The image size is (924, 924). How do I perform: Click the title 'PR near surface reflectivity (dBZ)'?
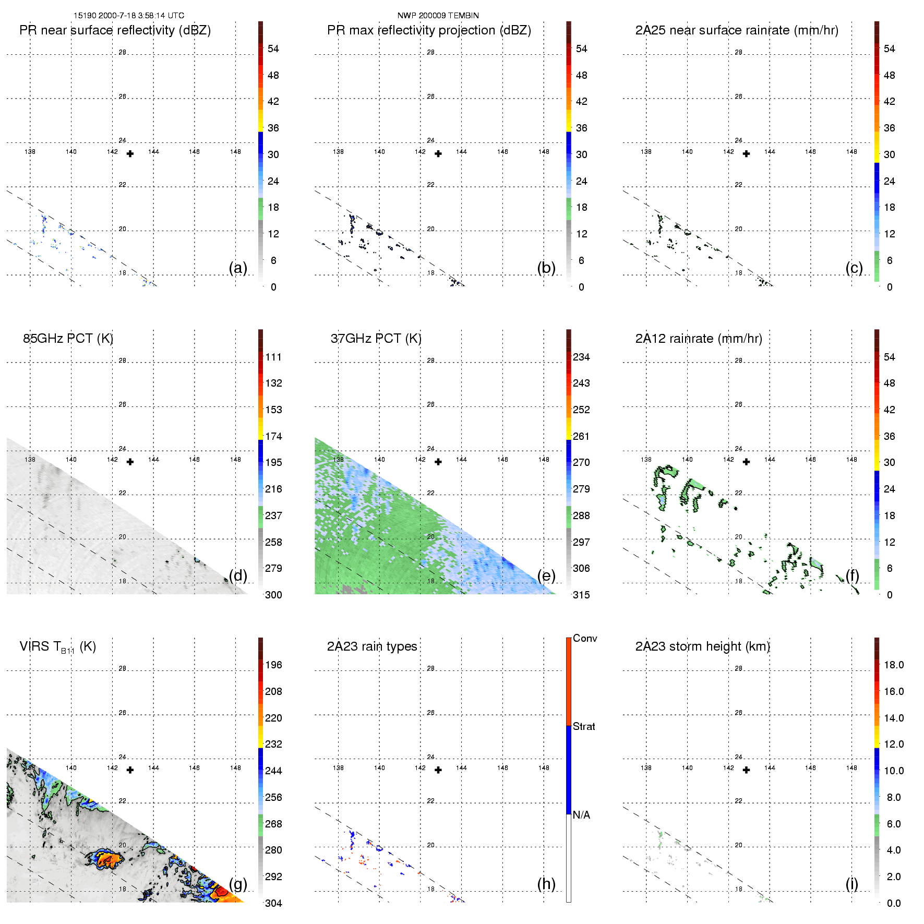(115, 30)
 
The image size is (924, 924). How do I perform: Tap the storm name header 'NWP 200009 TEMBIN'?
(438, 16)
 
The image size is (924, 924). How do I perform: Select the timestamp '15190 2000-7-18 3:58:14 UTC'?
(128, 16)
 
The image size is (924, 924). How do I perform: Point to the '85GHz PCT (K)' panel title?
(68, 339)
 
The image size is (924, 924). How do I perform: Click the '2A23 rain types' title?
(371, 646)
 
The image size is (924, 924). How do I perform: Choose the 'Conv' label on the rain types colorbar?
(584, 639)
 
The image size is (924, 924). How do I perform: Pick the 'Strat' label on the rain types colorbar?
(583, 726)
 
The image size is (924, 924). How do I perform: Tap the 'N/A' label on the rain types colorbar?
(581, 815)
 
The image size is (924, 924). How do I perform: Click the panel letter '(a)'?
(237, 268)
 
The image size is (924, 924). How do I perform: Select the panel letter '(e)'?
(546, 575)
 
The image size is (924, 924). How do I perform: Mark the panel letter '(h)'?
(546, 883)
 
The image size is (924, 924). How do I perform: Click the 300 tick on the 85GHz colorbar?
(273, 595)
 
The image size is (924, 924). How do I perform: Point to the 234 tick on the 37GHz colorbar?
(581, 357)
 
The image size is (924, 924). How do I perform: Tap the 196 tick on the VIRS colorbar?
(273, 665)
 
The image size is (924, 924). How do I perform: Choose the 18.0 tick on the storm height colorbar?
(893, 665)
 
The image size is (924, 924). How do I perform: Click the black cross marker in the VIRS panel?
(130, 770)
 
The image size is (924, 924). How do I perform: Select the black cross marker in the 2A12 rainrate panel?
(746, 462)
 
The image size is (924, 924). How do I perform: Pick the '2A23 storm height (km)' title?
(702, 646)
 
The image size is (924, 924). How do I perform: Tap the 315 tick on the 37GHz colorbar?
(581, 595)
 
